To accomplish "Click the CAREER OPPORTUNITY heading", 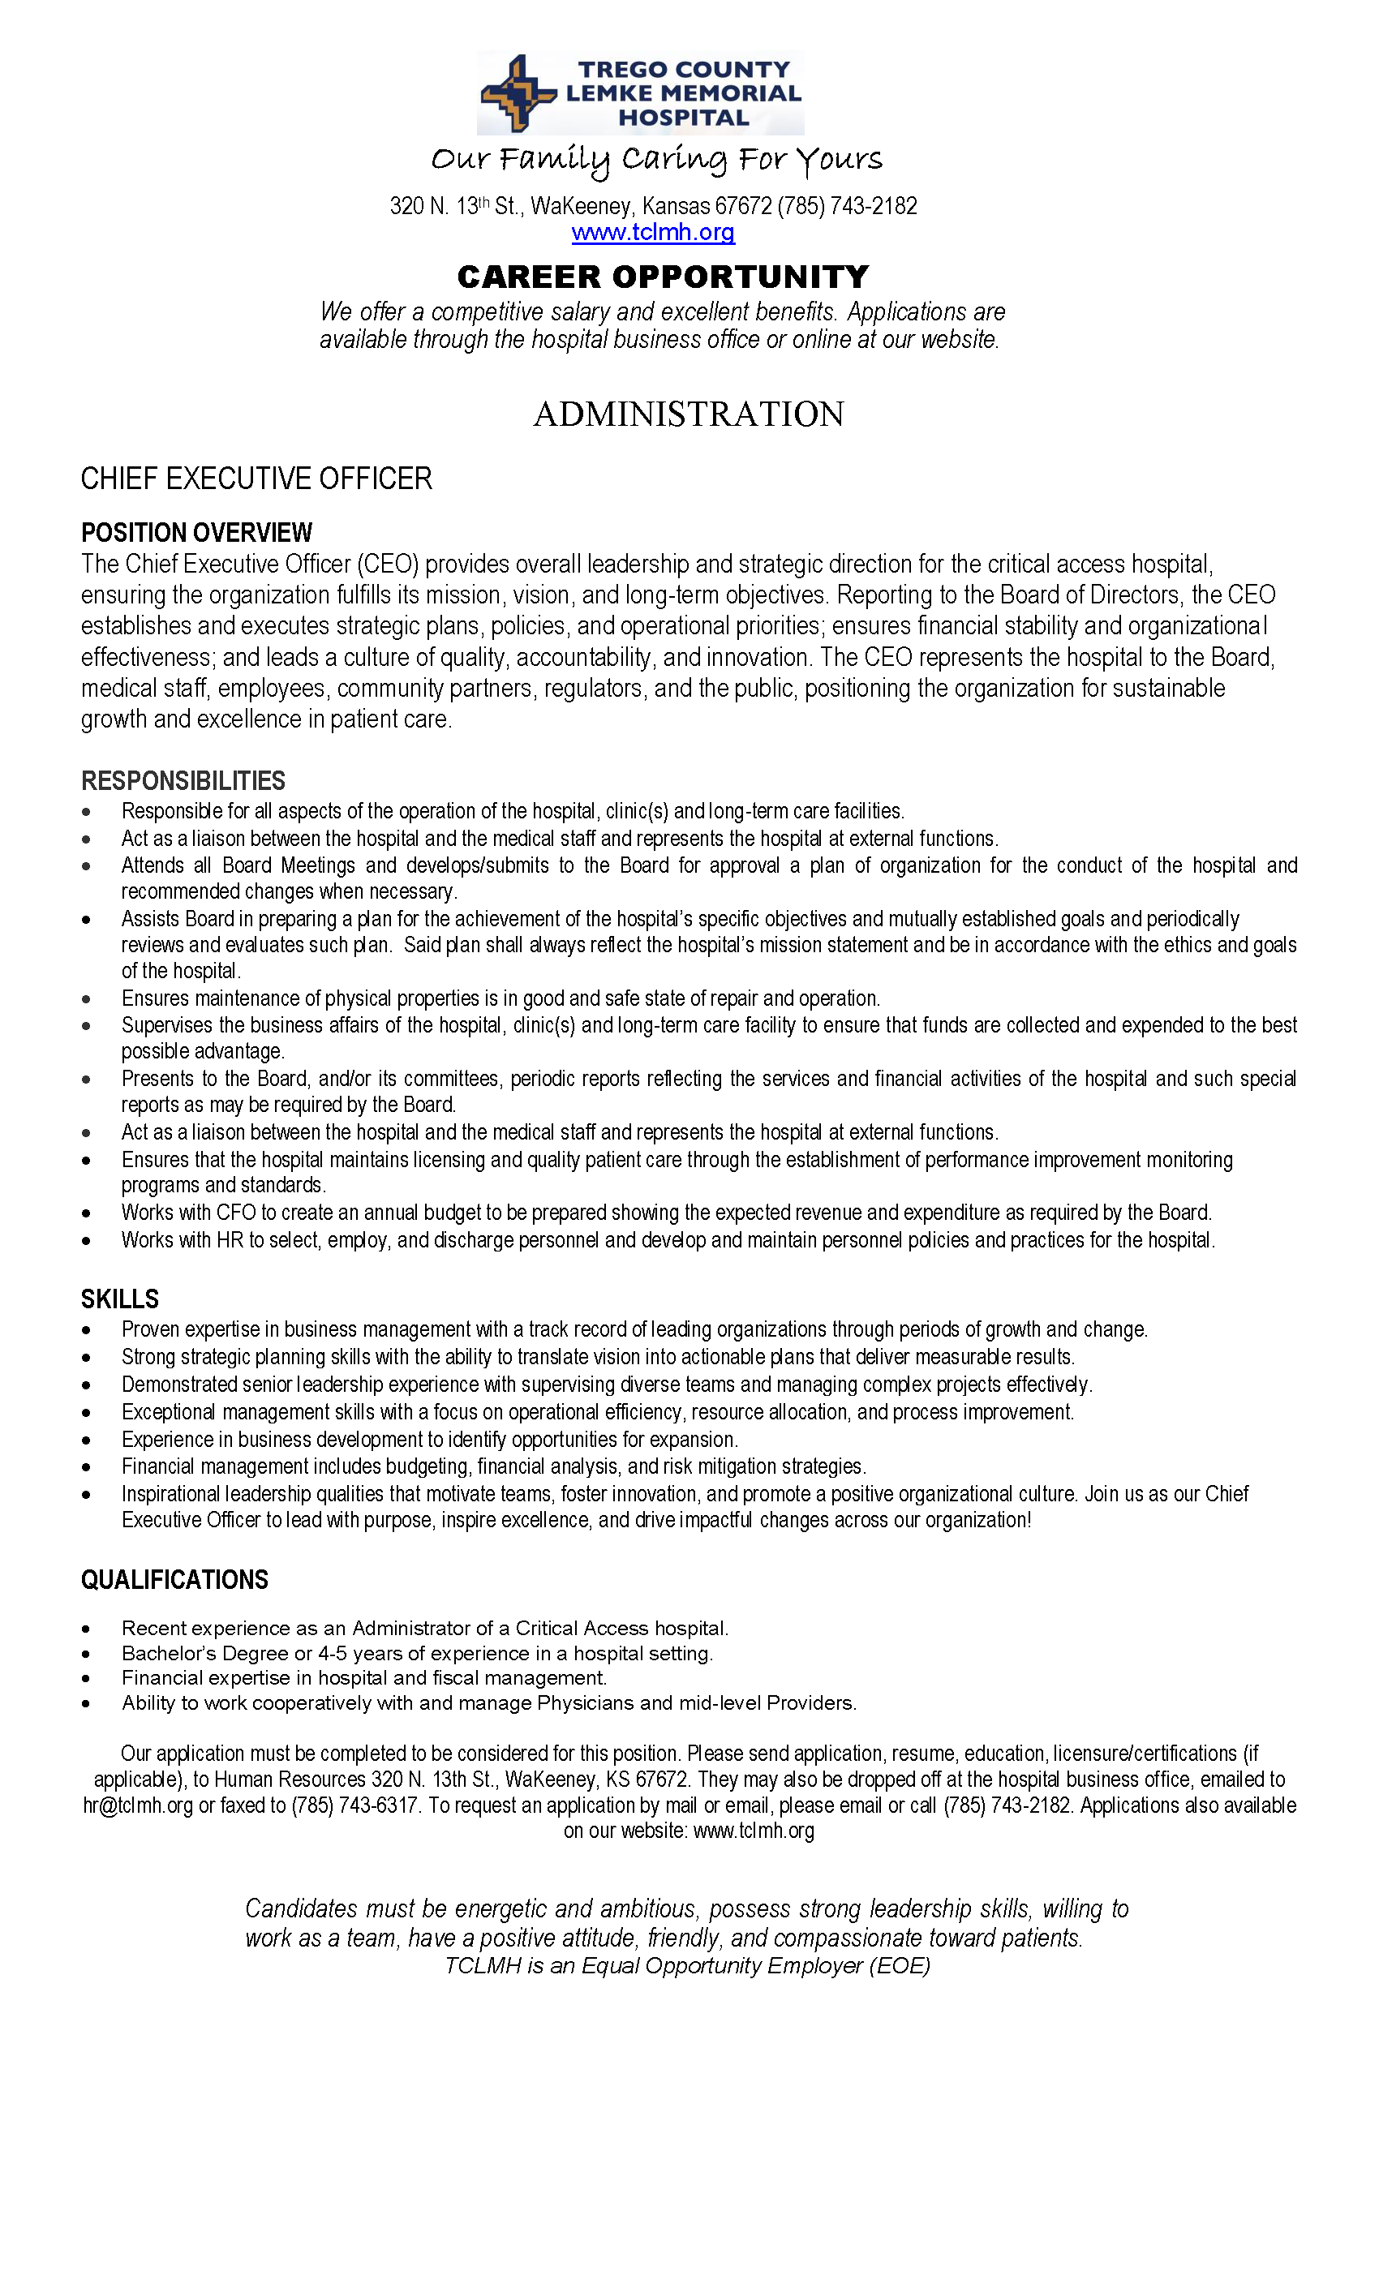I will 663,277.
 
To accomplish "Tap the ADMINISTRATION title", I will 689,414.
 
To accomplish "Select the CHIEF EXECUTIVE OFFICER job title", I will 256,479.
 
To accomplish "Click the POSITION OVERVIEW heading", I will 196,533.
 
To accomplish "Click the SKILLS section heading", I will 120,1299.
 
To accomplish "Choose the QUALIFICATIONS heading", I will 174,1580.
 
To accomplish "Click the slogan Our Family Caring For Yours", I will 656,161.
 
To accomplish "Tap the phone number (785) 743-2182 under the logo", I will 846,205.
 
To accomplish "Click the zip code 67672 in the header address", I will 743,205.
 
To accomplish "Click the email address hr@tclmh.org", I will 138,1805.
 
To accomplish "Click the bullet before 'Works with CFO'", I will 86,1214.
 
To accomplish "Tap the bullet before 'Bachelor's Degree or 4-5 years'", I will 86,1655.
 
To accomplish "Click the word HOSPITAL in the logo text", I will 683,118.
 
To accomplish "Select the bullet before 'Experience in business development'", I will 86,1440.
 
